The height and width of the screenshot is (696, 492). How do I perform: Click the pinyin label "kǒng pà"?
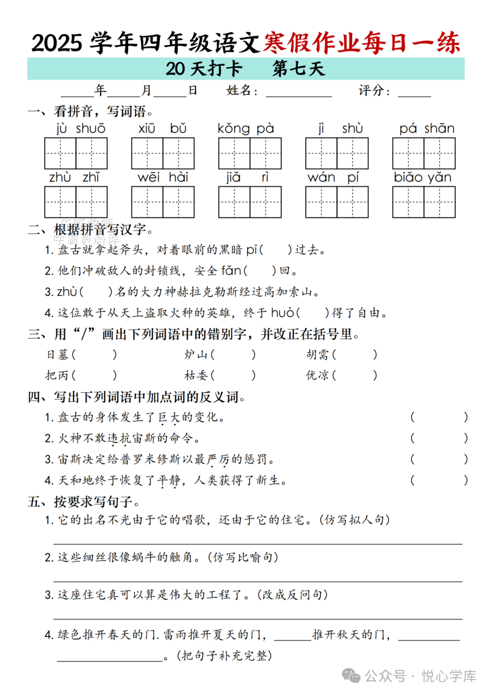[x=246, y=129]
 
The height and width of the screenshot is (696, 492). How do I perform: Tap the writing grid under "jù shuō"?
[x=76, y=154]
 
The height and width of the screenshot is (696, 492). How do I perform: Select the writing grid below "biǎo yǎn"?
[x=424, y=202]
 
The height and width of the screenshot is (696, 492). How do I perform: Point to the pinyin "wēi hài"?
[x=163, y=177]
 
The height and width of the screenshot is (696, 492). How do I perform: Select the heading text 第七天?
[x=298, y=69]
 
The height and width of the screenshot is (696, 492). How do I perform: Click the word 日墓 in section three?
[x=57, y=354]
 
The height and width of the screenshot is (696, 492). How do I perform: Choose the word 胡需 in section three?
[x=318, y=354]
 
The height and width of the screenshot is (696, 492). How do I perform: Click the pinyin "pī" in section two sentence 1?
[x=251, y=250]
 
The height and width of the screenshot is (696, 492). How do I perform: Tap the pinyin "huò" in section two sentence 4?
[x=282, y=313]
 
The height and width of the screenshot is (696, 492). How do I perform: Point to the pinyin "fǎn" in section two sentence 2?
[x=231, y=271]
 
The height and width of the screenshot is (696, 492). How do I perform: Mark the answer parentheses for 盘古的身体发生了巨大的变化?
[x=439, y=417]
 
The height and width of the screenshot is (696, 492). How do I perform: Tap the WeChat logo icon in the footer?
[x=351, y=676]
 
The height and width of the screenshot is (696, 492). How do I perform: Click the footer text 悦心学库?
[x=449, y=676]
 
